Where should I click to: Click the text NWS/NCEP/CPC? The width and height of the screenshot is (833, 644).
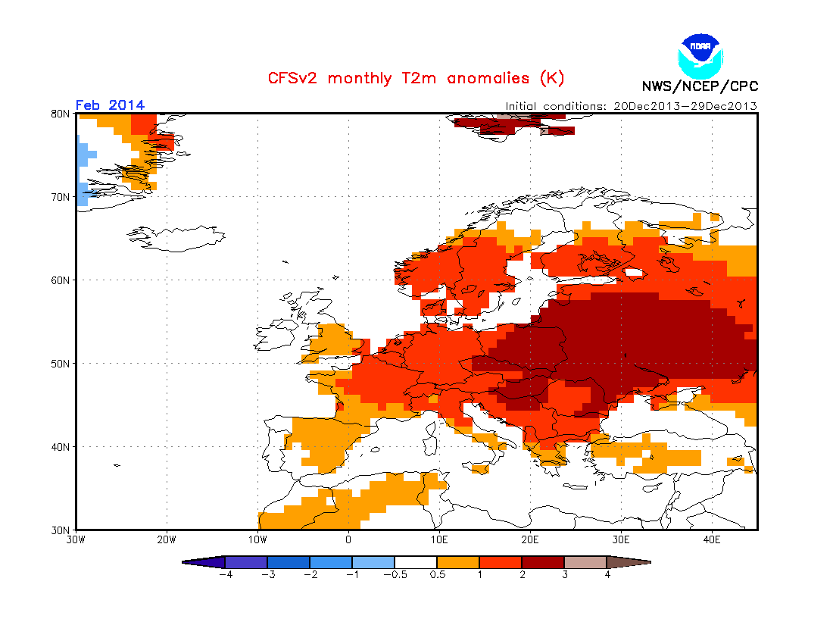[700, 86]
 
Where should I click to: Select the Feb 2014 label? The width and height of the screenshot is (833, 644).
[110, 105]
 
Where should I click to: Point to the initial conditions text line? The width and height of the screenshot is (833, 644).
[632, 106]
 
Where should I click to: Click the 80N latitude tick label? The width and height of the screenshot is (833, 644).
[61, 114]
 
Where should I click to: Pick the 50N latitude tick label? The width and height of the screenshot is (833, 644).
[61, 364]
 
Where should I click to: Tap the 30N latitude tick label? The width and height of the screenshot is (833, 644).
[61, 530]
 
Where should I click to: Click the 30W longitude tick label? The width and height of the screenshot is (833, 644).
[76, 540]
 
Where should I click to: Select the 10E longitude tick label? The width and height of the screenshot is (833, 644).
[439, 540]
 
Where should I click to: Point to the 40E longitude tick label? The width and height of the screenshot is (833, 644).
[712, 540]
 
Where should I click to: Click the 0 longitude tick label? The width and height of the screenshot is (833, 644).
[348, 540]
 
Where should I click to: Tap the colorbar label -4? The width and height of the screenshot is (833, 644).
[225, 574]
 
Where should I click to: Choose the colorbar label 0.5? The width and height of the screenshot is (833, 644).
[437, 574]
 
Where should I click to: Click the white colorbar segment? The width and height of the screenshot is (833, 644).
[416, 562]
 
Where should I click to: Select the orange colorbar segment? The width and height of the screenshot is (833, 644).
[458, 562]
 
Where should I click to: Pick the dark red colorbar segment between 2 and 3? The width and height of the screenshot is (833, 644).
[543, 562]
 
